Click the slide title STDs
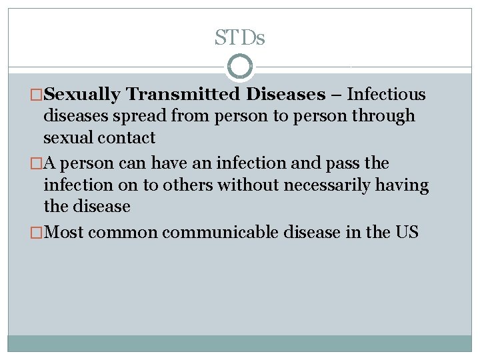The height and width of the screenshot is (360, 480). tap(239, 38)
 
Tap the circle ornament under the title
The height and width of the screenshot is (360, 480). tap(239, 67)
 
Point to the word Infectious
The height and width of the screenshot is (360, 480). tap(387, 95)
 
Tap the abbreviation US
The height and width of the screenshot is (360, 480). tap(406, 233)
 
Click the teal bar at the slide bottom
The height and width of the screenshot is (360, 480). tap(239, 343)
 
